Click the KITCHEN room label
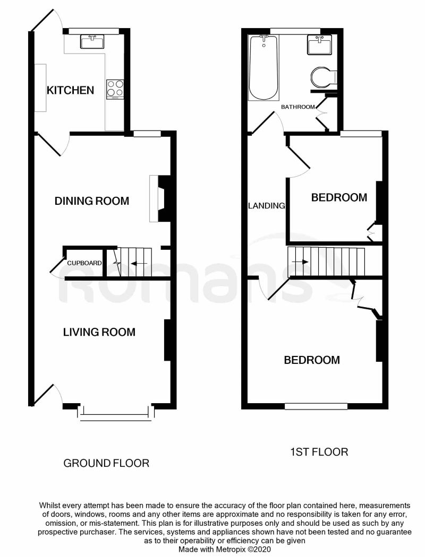[70, 90]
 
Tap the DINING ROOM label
[92, 201]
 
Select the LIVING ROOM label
[99, 333]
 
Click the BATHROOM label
[297, 107]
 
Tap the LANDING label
[267, 206]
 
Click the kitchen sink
[92, 41]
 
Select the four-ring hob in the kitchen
[115, 89]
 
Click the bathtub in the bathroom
[264, 67]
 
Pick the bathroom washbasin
[319, 44]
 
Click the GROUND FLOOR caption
[106, 463]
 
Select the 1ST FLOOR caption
[319, 452]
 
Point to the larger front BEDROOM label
[312, 360]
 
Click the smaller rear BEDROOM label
[339, 198]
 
